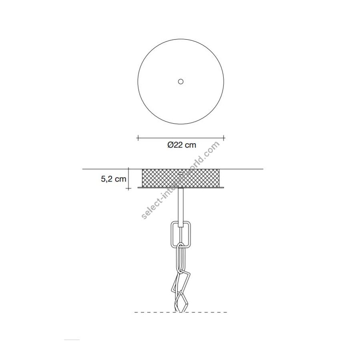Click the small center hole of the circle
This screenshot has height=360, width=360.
(x=181, y=82)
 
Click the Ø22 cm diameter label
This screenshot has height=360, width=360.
(x=182, y=145)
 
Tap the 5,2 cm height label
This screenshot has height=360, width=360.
(x=114, y=179)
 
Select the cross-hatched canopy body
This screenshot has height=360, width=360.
(x=181, y=178)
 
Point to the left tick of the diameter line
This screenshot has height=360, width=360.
(x=138, y=138)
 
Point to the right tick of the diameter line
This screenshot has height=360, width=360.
(x=224, y=138)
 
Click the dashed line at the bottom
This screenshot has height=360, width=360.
(x=181, y=312)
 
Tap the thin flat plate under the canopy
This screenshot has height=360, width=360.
(x=181, y=188)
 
